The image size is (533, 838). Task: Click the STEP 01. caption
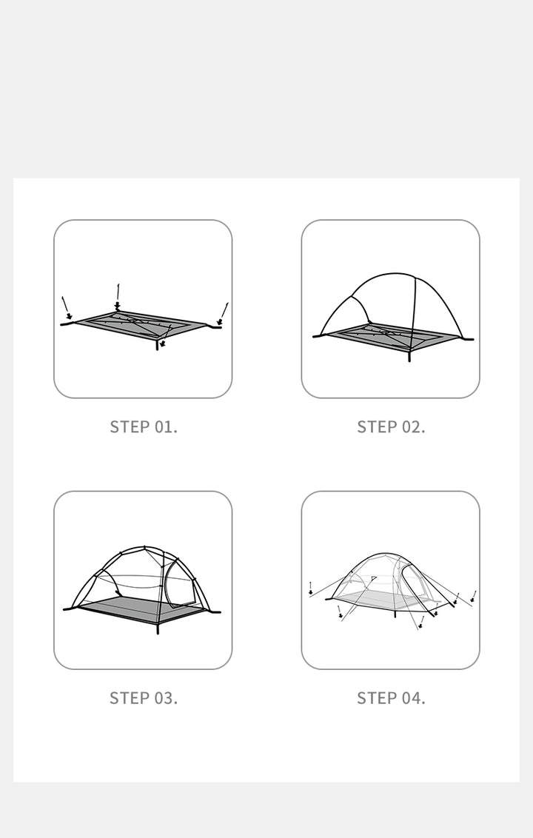[144, 426]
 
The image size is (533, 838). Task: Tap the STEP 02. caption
[391, 426]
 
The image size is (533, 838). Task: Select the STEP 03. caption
[144, 697]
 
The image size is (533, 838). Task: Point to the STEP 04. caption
[391, 697]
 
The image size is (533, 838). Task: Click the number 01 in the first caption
[164, 426]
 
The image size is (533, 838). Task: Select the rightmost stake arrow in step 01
[223, 312]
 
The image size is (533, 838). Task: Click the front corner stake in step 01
[158, 344]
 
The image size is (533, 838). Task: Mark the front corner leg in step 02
[409, 355]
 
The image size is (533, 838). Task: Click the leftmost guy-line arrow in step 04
[310, 588]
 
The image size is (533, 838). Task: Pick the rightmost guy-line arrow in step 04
[473, 595]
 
